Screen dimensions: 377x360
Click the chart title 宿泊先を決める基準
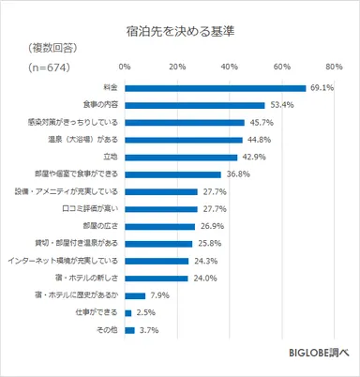click(x=179, y=31)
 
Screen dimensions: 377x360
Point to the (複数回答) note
click(x=46, y=46)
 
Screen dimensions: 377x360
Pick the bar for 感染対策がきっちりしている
click(x=184, y=123)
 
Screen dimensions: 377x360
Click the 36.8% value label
click(x=240, y=174)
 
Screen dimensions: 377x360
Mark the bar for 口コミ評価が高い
click(x=159, y=208)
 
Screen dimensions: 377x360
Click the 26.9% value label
click(x=214, y=226)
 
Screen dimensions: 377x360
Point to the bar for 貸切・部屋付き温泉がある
click(x=157, y=243)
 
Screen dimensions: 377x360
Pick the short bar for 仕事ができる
click(x=127, y=311)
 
